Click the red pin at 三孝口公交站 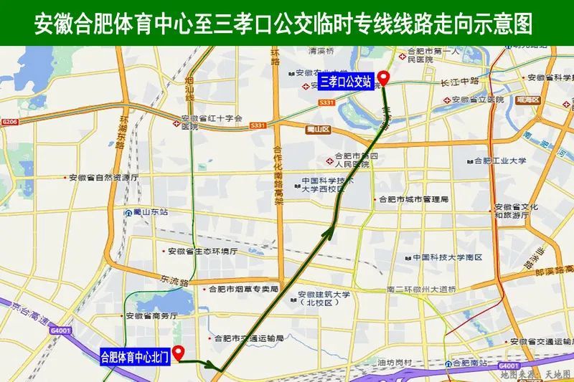(x=384, y=79)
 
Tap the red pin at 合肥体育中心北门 (x=179, y=350)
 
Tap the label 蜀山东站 (x=150, y=212)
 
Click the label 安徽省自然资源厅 (x=104, y=177)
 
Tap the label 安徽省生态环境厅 (x=202, y=252)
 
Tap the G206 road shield (x=9, y=123)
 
